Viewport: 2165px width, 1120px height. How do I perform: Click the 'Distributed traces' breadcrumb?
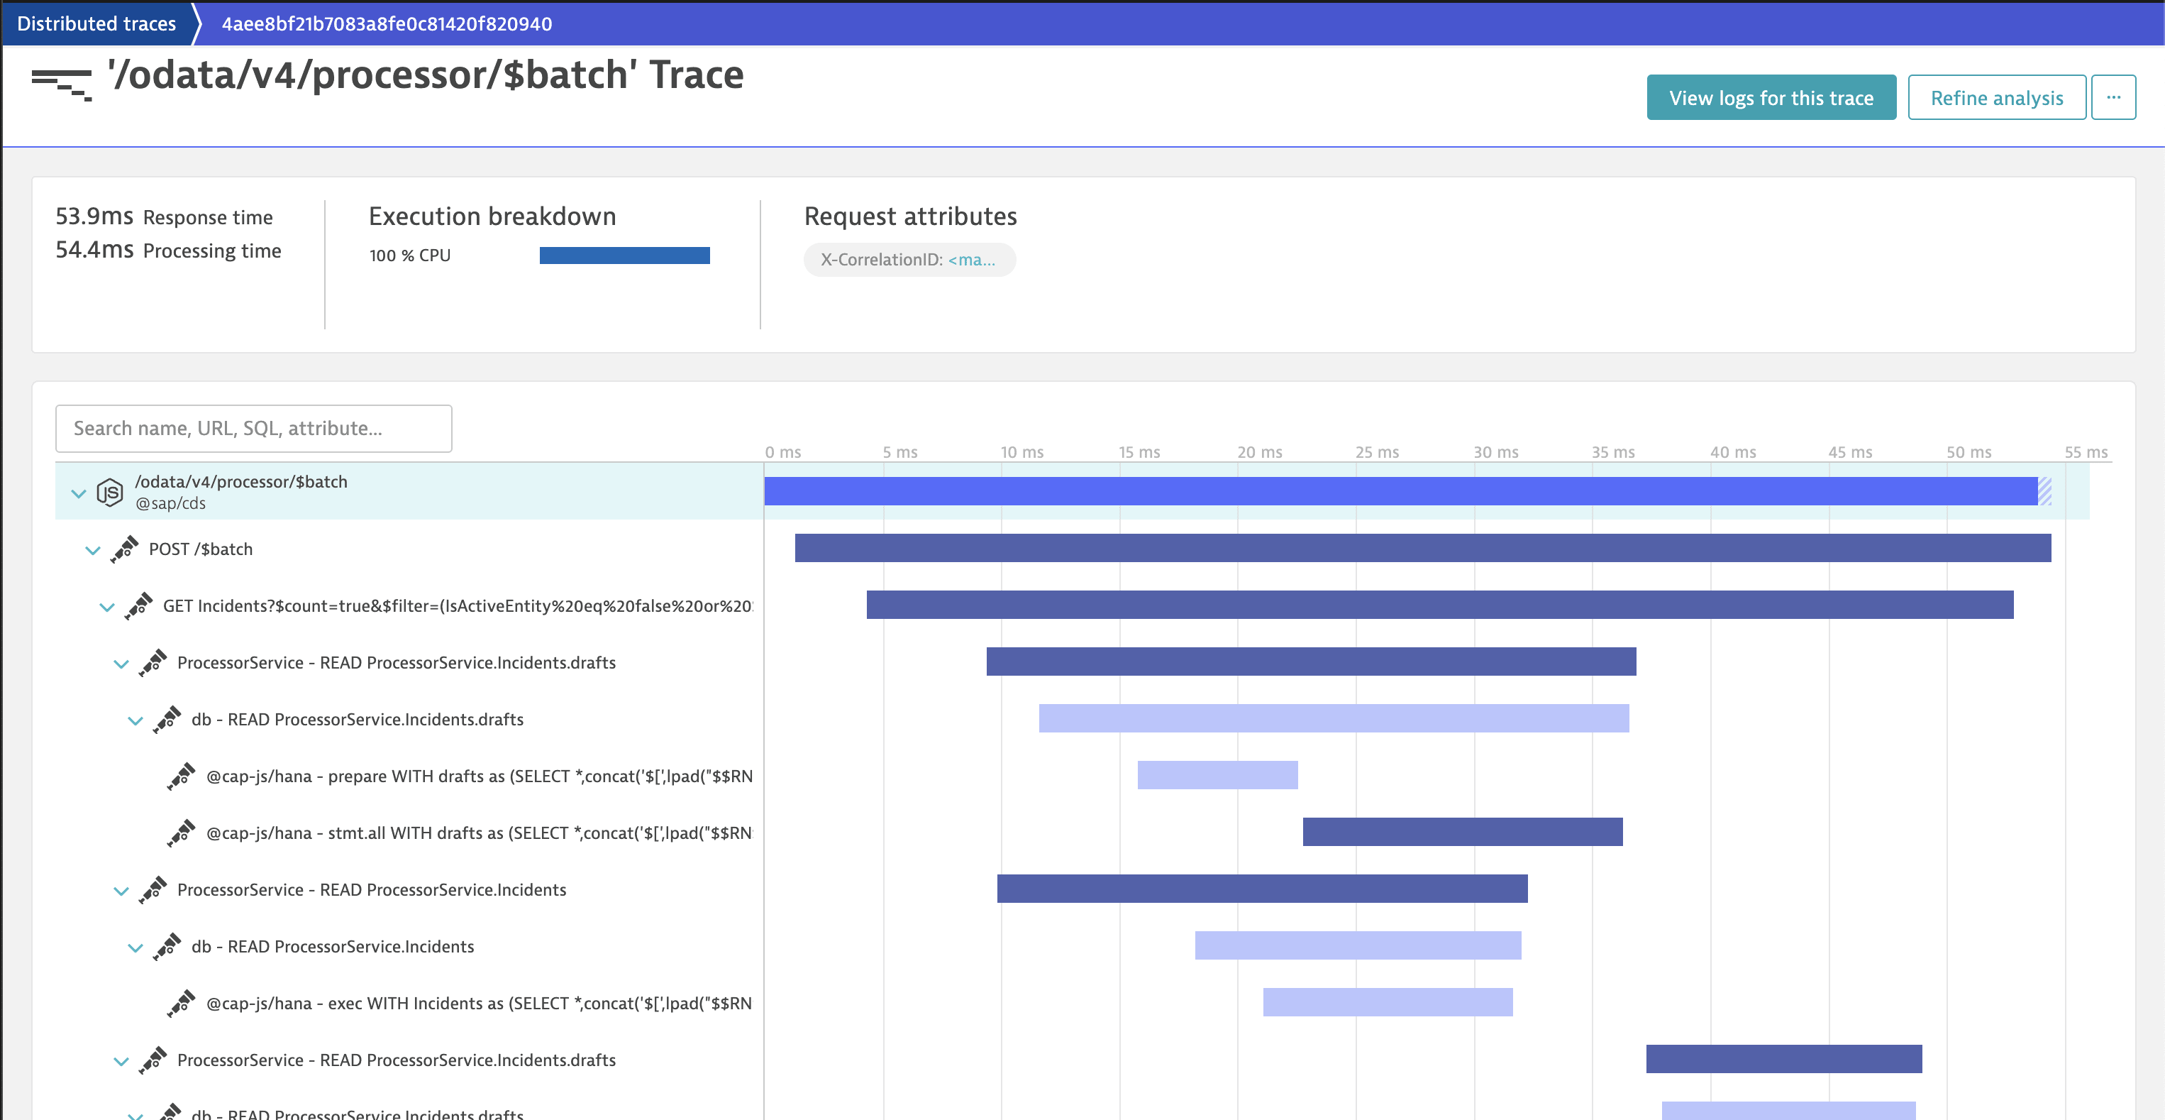(96, 23)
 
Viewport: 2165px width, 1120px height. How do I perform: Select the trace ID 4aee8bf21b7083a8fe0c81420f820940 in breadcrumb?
(387, 23)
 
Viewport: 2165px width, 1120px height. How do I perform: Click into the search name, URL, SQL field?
(253, 428)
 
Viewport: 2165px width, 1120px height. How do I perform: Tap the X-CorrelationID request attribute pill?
(909, 260)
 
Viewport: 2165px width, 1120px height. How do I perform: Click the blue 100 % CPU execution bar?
(624, 256)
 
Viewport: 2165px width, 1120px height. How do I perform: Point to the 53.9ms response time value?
(94, 217)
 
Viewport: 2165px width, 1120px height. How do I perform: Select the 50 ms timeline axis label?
(1968, 452)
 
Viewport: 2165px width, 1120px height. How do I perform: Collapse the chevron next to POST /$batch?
(92, 551)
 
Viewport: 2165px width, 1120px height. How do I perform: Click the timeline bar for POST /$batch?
(1422, 548)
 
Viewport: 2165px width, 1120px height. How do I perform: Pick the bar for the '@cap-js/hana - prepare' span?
(1217, 775)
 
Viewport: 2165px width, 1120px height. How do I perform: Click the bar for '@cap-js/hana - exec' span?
(1387, 1002)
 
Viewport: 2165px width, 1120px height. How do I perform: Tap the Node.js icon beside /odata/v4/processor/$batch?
(110, 492)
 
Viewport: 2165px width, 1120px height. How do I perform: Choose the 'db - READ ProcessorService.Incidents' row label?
(332, 947)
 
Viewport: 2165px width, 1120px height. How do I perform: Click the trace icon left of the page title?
(61, 84)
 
